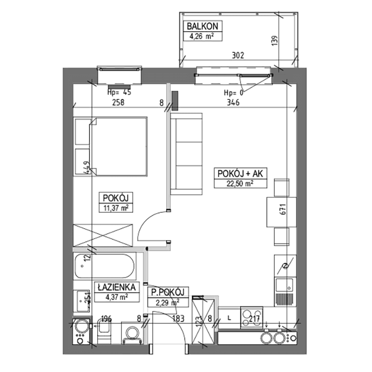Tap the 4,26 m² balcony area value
click(202, 35)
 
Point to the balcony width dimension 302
click(237, 56)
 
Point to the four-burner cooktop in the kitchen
click(252, 315)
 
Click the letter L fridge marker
click(229, 315)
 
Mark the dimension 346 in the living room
click(233, 103)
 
